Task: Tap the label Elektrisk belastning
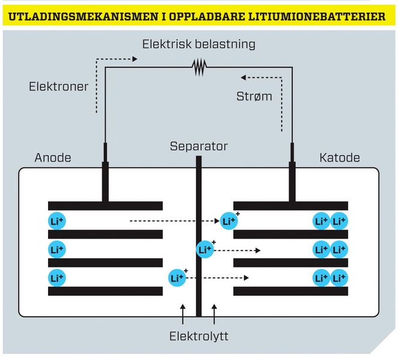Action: point(199,44)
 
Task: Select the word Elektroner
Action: point(58,87)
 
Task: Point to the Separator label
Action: point(199,146)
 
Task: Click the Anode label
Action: point(53,158)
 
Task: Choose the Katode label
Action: point(340,158)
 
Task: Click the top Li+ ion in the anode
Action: point(56,221)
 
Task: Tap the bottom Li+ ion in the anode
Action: point(56,278)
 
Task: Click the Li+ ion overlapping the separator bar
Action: point(205,249)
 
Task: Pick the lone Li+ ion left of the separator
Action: point(177,278)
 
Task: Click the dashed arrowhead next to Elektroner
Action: point(135,59)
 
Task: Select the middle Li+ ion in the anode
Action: point(56,249)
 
